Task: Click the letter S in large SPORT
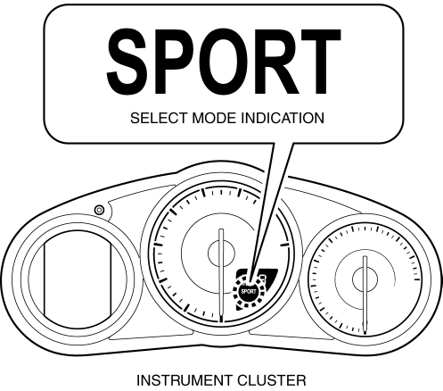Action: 127,62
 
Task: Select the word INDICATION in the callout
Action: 283,118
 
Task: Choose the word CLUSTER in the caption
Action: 272,380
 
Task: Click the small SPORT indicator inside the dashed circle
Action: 249,291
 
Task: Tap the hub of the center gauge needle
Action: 221,254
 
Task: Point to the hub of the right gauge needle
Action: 365,279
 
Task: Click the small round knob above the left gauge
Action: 99,210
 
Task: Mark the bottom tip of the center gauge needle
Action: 221,322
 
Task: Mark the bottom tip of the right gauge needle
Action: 365,333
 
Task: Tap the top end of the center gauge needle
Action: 221,229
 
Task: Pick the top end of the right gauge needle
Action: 365,256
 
